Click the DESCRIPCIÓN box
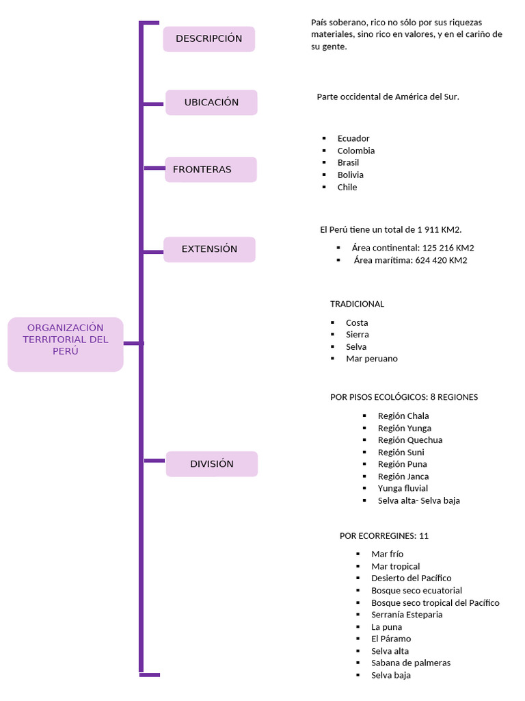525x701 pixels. (x=208, y=39)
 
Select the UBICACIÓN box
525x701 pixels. (x=211, y=103)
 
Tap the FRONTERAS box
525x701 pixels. (x=211, y=170)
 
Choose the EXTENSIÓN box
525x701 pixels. (x=209, y=249)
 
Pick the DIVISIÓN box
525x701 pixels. (x=211, y=464)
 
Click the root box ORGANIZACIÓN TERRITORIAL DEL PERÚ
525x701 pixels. (x=66, y=340)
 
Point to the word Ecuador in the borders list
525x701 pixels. (x=353, y=138)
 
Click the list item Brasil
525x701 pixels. (x=348, y=162)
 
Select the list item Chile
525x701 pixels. (x=347, y=187)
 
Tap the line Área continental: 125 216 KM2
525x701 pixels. (x=412, y=248)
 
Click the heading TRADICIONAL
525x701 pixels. (x=357, y=304)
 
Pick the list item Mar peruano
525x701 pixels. (x=371, y=359)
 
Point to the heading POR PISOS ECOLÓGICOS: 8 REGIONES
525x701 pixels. (x=403, y=397)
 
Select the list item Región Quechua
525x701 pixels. (x=409, y=440)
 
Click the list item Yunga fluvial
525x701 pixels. (x=403, y=488)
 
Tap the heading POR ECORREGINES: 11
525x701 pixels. (x=383, y=536)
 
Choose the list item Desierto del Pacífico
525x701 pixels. (x=411, y=578)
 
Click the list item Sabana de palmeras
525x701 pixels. (x=410, y=663)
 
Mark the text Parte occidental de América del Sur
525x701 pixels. (x=388, y=97)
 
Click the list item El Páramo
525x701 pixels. (x=391, y=639)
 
